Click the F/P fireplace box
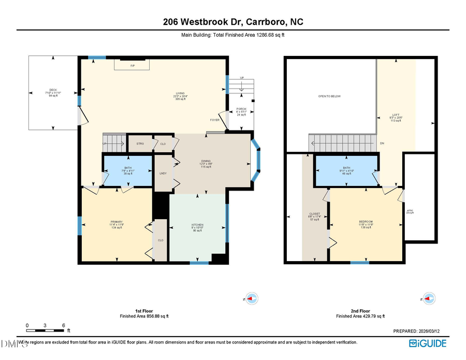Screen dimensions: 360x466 (x=132, y=65)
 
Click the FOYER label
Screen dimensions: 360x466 (x=215, y=120)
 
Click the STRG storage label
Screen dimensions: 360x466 (x=140, y=143)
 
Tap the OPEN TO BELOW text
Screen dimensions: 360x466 (x=329, y=96)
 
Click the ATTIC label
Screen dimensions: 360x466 (x=410, y=211)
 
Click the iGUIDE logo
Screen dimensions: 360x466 (x=428, y=343)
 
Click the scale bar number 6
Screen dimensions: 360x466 (x=64, y=325)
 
